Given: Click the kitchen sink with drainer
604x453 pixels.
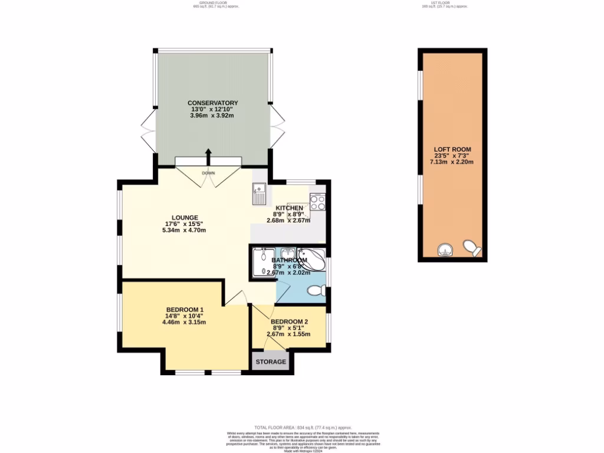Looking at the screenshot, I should (x=259, y=193).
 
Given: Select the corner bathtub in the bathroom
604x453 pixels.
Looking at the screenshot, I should (x=311, y=260).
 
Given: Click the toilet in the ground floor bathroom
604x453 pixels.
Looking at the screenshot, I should (x=317, y=290).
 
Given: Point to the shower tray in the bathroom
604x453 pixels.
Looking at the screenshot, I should (x=260, y=262).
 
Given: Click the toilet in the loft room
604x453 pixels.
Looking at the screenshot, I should (x=471, y=247).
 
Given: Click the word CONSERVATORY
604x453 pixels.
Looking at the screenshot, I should (x=213, y=103).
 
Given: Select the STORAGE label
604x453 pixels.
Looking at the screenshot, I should (x=271, y=362).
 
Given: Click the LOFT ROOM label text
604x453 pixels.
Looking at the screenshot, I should (x=452, y=149).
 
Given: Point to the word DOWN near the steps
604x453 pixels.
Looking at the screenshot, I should (x=208, y=173).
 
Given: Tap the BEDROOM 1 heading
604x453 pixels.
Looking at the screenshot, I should (x=185, y=310).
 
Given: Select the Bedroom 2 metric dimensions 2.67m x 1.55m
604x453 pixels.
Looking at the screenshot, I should (x=288, y=334).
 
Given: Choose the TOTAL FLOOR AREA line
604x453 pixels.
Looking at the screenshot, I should (x=303, y=428).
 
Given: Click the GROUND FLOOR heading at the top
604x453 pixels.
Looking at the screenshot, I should (x=210, y=3).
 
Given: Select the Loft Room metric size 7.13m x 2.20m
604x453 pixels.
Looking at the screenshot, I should (x=452, y=162).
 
